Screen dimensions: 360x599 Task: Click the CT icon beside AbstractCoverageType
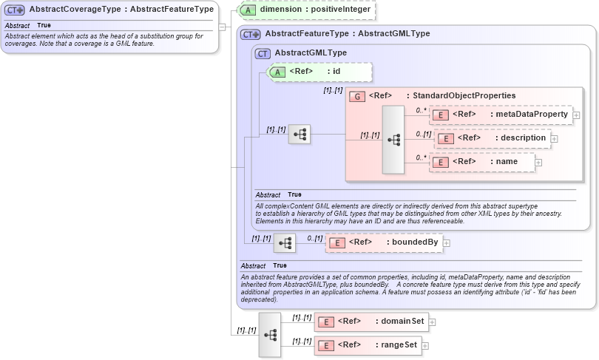(15, 10)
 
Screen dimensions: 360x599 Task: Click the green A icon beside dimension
(250, 10)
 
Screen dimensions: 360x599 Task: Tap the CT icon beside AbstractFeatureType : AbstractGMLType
(251, 34)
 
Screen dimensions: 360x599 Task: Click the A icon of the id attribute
(277, 72)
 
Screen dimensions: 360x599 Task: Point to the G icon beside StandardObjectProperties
(356, 96)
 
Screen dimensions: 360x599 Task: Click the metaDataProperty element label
(531, 115)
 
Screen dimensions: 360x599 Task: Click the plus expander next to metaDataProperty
(576, 115)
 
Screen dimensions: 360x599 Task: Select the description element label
(523, 138)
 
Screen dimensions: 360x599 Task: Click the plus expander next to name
(538, 162)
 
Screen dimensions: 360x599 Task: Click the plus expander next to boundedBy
(447, 242)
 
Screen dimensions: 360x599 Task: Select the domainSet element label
(404, 322)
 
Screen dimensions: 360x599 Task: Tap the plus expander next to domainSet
(433, 322)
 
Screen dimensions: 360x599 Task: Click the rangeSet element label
(400, 345)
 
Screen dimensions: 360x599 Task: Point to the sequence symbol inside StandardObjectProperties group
(393, 139)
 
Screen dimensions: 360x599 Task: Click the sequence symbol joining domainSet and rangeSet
(269, 334)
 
